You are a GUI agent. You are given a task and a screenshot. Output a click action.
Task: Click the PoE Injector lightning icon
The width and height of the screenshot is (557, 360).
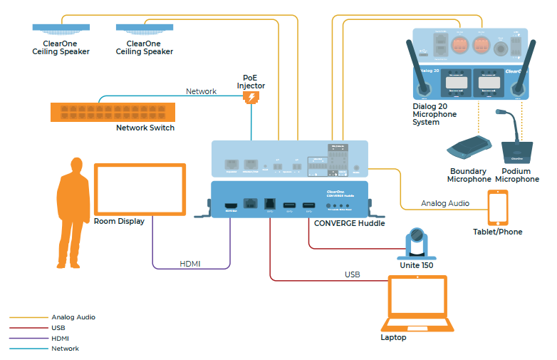pyautogui.click(x=251, y=98)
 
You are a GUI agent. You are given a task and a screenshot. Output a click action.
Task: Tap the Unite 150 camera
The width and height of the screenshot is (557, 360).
pyautogui.click(x=417, y=243)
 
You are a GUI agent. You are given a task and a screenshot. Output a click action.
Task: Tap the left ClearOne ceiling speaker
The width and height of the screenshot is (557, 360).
pyautogui.click(x=61, y=29)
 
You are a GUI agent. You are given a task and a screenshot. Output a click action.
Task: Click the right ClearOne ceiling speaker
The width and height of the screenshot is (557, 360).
pyautogui.click(x=145, y=29)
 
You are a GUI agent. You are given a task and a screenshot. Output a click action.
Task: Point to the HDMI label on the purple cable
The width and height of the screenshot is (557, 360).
pyautogui.click(x=189, y=264)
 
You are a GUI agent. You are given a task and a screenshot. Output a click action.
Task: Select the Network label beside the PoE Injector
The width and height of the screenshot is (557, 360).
pyautogui.click(x=201, y=91)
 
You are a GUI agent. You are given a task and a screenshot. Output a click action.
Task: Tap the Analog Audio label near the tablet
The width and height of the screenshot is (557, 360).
pyautogui.click(x=445, y=203)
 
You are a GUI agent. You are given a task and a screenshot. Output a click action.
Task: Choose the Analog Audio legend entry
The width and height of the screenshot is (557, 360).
pyautogui.click(x=73, y=317)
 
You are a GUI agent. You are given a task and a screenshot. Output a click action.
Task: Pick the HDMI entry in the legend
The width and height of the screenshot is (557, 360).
pyautogui.click(x=61, y=338)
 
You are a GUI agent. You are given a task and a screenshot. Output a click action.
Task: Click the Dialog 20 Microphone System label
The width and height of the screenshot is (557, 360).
pyautogui.click(x=435, y=114)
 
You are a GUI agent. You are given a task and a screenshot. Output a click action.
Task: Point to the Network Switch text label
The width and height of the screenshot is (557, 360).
pyautogui.click(x=145, y=128)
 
